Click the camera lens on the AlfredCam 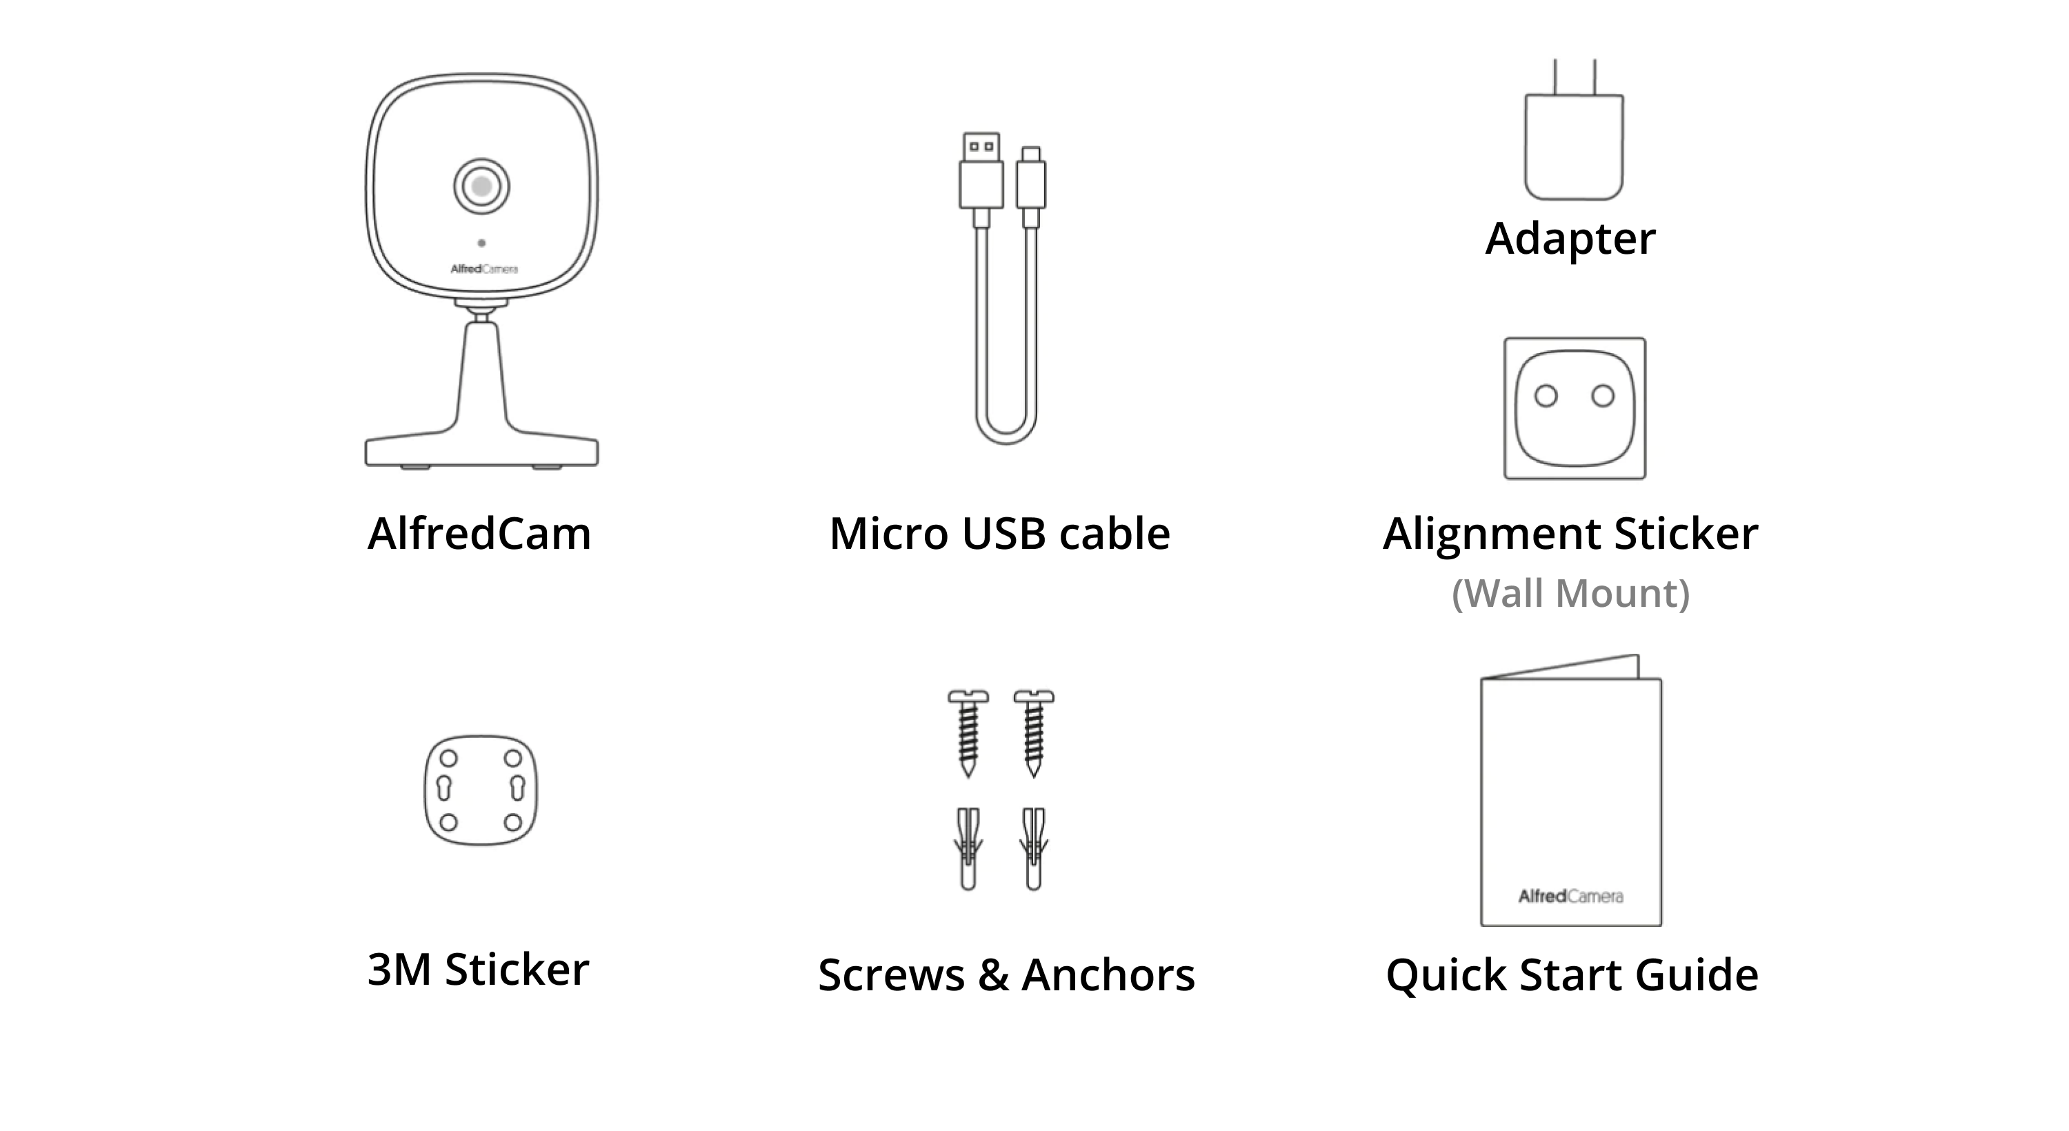click(481, 186)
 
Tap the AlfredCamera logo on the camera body click(483, 269)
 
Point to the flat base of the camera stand click(482, 452)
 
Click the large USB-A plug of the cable click(981, 179)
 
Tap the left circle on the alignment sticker click(1546, 395)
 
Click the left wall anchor click(968, 848)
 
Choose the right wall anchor click(1034, 848)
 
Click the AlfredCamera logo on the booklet click(1570, 896)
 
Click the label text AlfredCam click(479, 533)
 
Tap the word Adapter click(1570, 239)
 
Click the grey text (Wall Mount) click(1571, 594)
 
